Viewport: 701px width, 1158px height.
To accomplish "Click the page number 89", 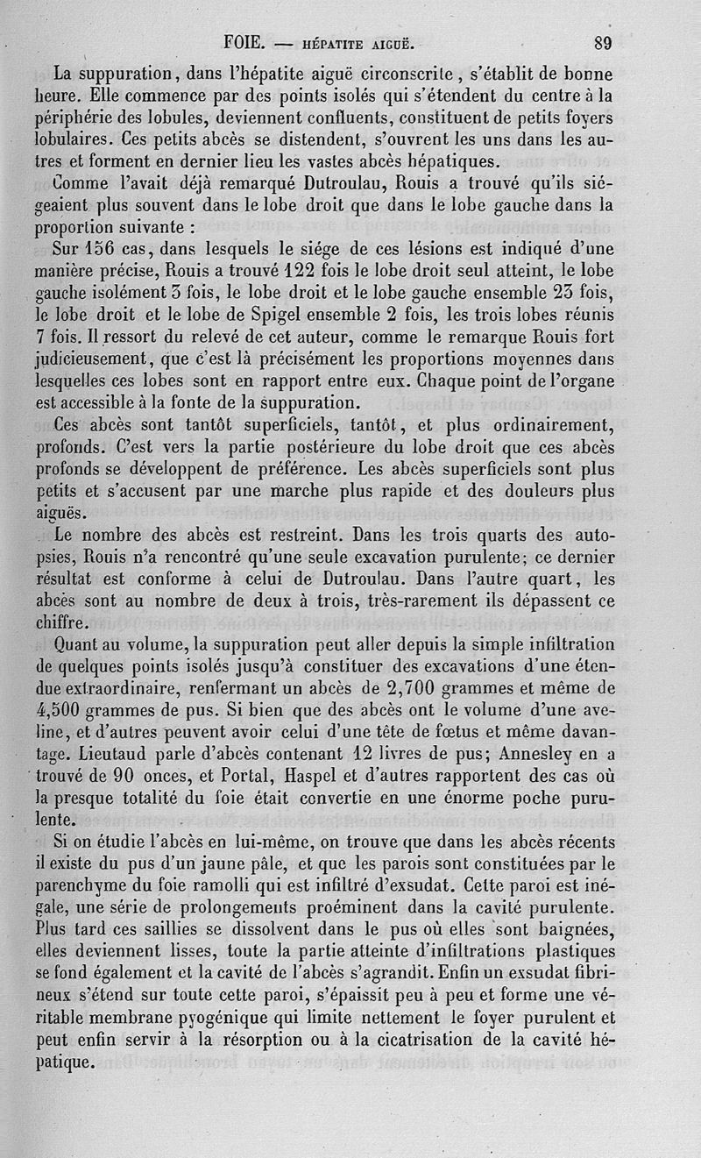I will pyautogui.click(x=602, y=41).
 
